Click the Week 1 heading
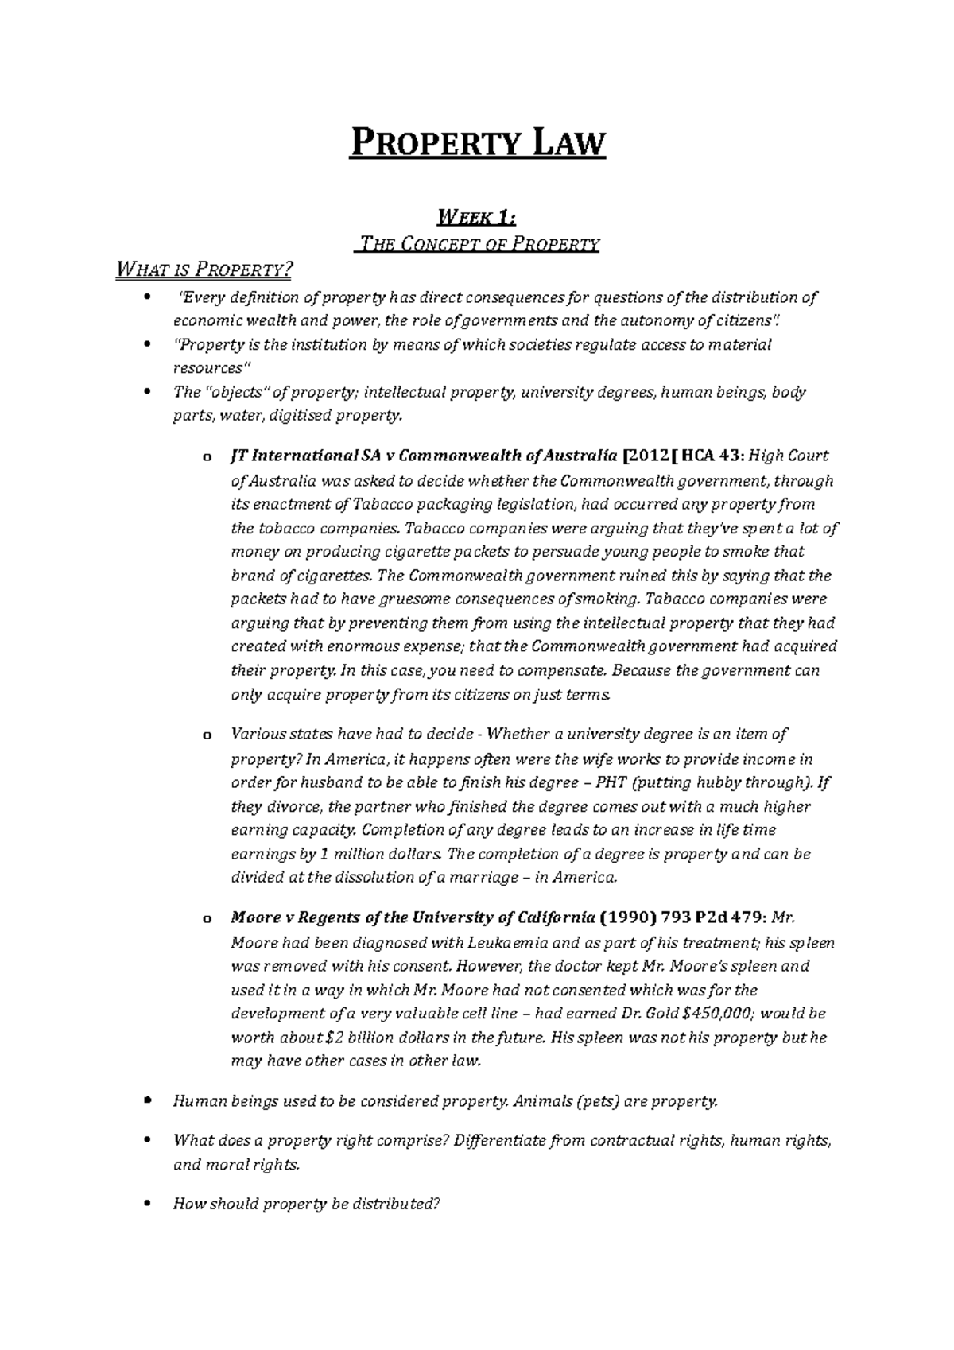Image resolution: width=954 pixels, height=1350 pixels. pyautogui.click(x=477, y=216)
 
